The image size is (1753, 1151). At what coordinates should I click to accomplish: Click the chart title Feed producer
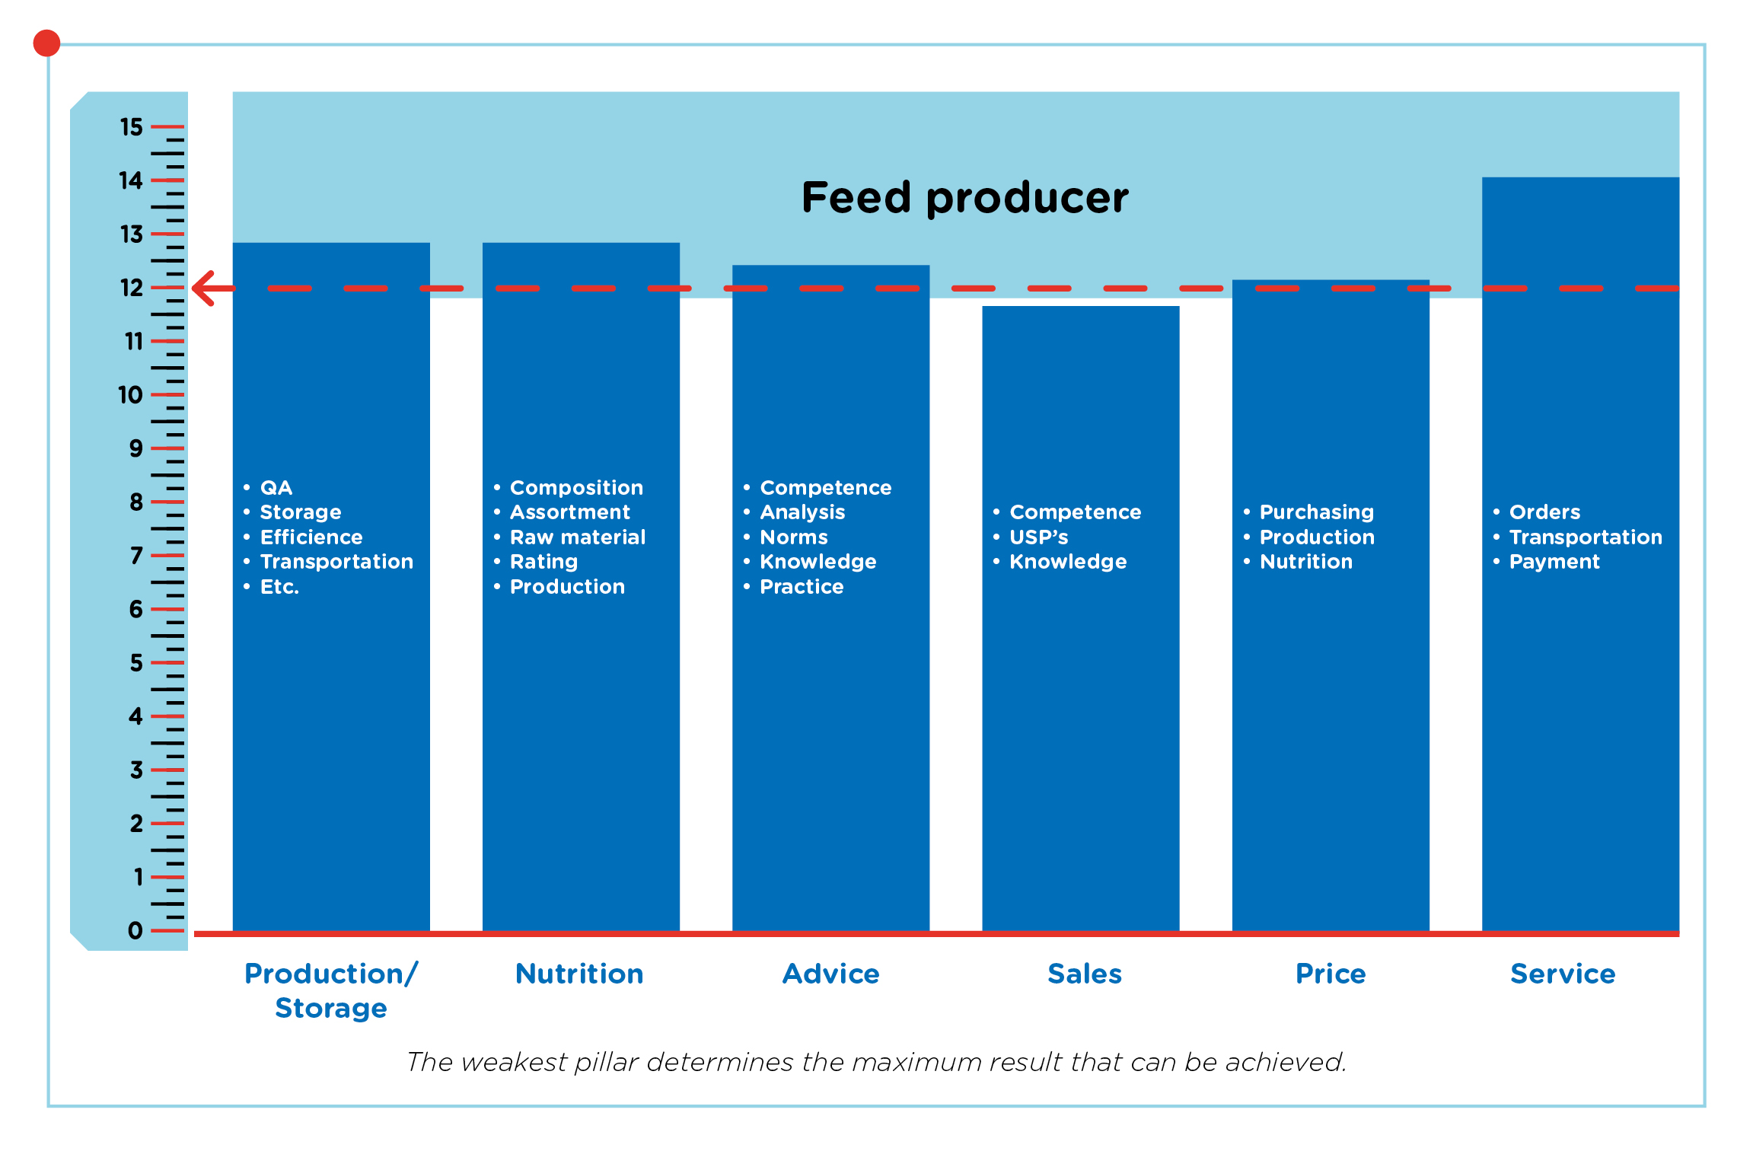[965, 198]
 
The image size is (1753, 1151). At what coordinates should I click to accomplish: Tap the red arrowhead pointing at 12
[204, 289]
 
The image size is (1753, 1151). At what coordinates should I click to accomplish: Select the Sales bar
[1081, 618]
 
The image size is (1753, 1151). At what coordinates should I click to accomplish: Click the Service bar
[1580, 554]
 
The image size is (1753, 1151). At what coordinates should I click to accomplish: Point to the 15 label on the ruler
[131, 126]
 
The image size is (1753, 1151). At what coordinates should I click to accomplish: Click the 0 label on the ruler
[135, 930]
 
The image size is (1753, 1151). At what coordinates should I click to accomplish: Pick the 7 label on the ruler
[136, 556]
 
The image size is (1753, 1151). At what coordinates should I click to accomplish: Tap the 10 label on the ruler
[130, 394]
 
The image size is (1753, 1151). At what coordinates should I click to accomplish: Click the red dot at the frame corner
[46, 43]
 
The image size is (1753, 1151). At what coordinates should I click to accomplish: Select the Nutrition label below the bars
[579, 974]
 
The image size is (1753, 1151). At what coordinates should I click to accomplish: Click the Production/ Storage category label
[331, 990]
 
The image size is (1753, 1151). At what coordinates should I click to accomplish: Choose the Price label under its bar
[1331, 974]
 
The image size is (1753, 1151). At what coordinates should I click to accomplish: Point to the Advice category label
[831, 974]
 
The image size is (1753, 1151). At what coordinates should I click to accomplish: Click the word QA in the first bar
[276, 488]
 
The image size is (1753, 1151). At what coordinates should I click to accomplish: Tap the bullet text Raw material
[578, 537]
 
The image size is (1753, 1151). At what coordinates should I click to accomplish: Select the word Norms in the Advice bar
[794, 537]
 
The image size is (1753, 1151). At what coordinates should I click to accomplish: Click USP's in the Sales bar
[1039, 537]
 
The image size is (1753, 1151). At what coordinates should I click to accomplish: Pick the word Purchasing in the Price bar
[1317, 512]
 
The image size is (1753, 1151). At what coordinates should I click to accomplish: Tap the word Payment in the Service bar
[1554, 562]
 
